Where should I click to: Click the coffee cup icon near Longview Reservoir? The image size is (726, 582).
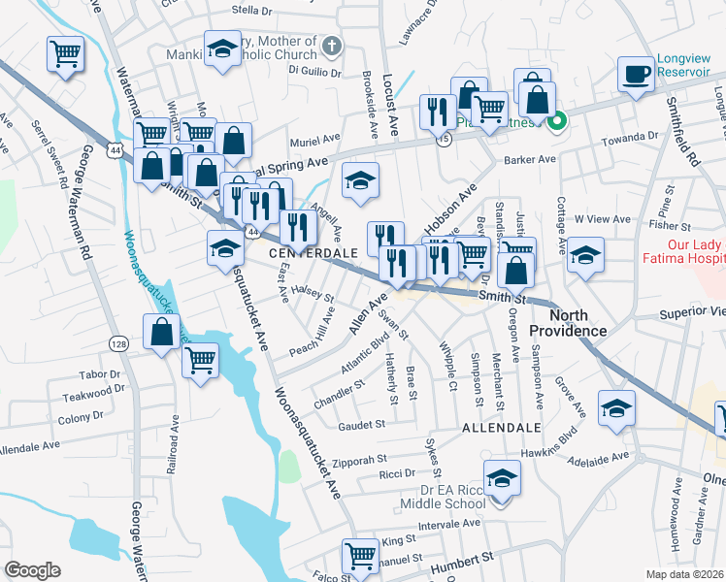(637, 74)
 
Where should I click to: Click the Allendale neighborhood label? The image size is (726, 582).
(501, 427)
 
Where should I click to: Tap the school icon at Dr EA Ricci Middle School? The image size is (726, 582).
(502, 478)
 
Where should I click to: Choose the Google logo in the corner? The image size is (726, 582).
(32, 570)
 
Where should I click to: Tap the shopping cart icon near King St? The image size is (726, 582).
(360, 557)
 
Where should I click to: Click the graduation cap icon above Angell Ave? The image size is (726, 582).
(360, 180)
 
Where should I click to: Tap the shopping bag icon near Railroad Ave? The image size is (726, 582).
(162, 332)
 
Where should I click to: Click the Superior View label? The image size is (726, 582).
(691, 313)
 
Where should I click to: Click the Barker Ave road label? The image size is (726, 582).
(528, 159)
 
